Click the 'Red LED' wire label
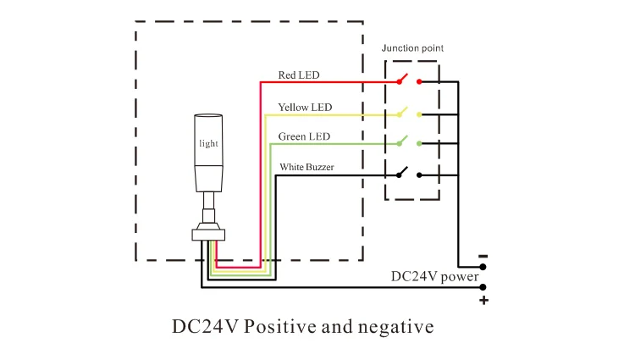[x=299, y=75]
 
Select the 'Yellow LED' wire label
[x=305, y=108]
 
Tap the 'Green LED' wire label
[x=304, y=136]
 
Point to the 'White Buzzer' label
[x=306, y=167]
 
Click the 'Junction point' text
[x=412, y=48]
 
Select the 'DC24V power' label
[x=434, y=276]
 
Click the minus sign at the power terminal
[x=483, y=256]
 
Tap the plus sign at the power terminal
[x=483, y=300]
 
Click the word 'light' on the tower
[x=208, y=144]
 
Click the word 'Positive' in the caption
[x=279, y=326]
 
